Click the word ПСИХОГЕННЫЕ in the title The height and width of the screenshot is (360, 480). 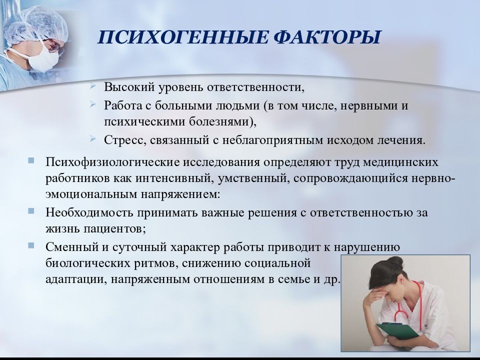click(183, 37)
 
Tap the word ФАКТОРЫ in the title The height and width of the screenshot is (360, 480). click(327, 37)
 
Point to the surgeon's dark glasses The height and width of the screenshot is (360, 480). click(55, 45)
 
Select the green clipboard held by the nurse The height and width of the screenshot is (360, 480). click(398, 332)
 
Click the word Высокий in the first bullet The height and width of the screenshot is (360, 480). click(129, 87)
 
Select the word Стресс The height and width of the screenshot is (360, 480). click(123, 140)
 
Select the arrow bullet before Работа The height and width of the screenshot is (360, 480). click(93, 104)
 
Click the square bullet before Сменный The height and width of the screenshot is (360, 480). click(31, 245)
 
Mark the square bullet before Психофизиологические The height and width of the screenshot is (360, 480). click(31, 160)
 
